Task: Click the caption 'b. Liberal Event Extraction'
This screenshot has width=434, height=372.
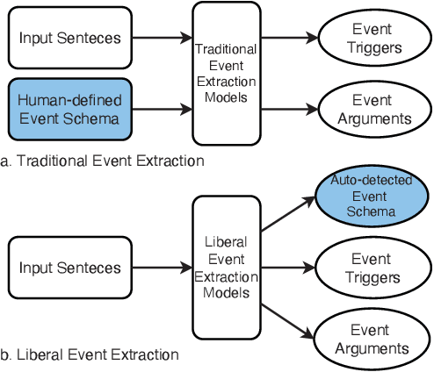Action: [90, 354]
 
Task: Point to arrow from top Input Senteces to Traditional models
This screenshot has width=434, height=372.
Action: [161, 38]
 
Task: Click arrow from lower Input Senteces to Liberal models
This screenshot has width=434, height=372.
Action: [161, 267]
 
